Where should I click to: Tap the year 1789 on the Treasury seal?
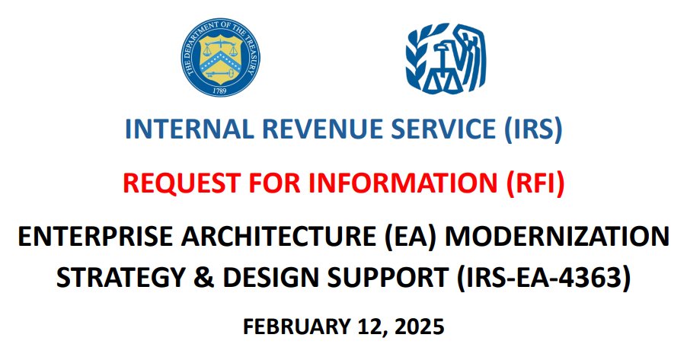click(x=219, y=90)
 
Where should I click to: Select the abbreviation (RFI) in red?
click(x=532, y=183)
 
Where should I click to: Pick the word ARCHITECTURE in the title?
click(x=269, y=238)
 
